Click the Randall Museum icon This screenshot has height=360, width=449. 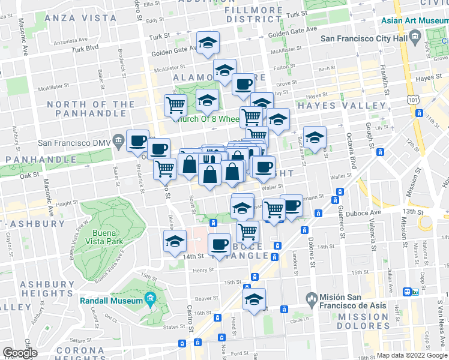149,299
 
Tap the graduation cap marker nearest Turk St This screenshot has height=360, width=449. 208,42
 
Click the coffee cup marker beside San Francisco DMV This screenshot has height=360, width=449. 137,140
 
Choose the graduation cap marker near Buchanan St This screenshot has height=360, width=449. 314,137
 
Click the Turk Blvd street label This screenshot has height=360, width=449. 83,48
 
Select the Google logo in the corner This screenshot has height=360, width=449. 20,353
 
